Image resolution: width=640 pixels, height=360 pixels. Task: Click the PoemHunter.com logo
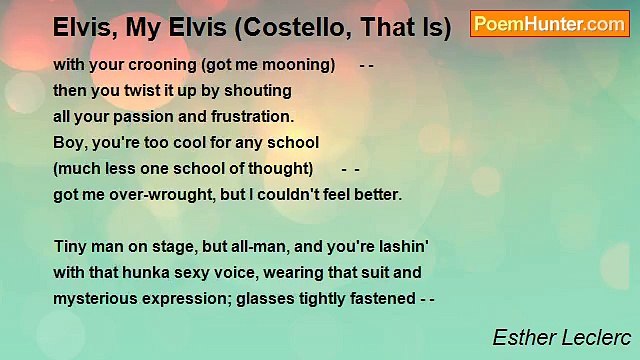(x=550, y=24)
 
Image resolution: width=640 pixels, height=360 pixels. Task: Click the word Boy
(x=70, y=142)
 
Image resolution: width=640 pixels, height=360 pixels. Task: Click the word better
(x=374, y=194)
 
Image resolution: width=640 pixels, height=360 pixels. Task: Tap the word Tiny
(x=71, y=246)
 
